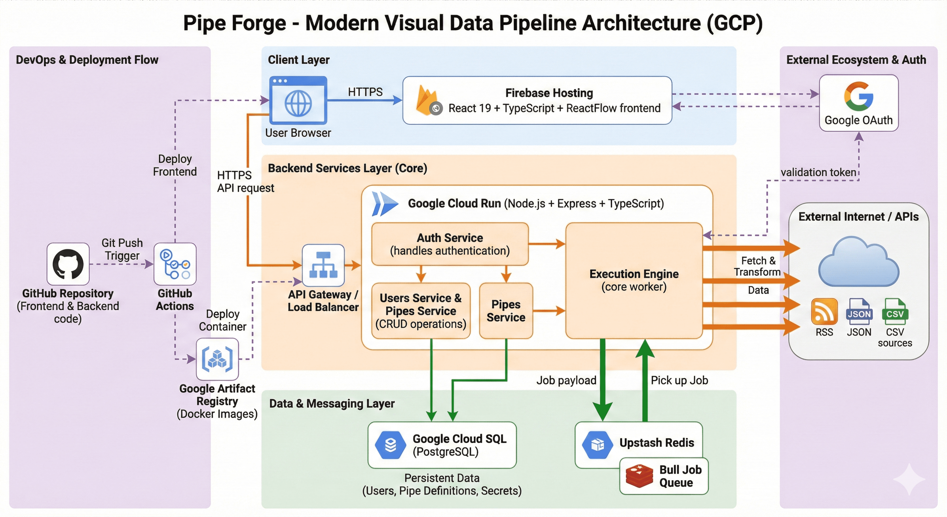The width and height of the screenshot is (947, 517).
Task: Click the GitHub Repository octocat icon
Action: [68, 264]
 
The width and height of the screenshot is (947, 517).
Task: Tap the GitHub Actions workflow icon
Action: [175, 264]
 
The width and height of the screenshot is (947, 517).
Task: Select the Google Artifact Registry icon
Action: [217, 359]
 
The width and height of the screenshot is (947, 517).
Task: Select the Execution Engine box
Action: [634, 280]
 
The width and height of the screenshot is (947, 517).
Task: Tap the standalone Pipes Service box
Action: [506, 311]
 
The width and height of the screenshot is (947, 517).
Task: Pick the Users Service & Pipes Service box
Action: [421, 311]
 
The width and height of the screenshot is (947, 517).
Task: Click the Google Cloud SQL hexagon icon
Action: [391, 445]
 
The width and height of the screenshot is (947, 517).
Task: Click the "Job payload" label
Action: [566, 380]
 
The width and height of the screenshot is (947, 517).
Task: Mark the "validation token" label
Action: [818, 172]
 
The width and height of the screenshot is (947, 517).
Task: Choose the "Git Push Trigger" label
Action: [122, 249]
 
